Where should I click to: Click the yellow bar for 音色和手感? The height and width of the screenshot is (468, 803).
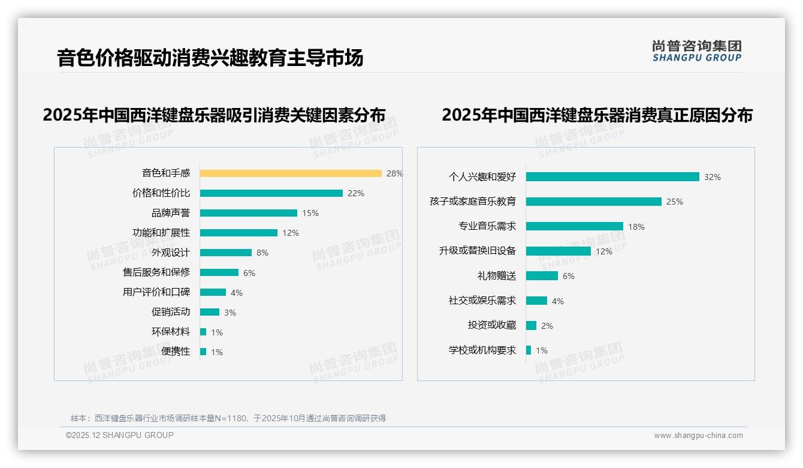291,173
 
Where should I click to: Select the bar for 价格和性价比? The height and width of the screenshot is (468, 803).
271,193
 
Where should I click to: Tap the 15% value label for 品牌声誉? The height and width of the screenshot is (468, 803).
310,213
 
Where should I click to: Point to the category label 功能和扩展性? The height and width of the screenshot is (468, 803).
161,233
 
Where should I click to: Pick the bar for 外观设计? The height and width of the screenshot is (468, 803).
226,253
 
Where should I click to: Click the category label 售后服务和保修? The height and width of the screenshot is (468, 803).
156,272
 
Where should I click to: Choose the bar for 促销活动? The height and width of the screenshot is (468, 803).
210,312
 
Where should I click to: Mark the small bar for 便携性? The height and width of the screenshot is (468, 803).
203,352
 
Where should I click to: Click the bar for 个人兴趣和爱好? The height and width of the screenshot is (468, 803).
612,177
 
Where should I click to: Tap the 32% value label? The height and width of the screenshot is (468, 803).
713,177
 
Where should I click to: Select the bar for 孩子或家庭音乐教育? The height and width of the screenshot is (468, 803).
594,202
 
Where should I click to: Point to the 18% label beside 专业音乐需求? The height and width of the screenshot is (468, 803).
636,227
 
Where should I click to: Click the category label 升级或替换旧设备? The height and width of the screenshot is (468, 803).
478,251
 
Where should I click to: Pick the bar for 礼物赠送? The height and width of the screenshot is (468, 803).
542,276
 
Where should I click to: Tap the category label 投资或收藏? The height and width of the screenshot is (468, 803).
492,325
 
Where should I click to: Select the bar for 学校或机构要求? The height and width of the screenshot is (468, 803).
529,350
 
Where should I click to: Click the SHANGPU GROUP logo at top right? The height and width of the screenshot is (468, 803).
696,51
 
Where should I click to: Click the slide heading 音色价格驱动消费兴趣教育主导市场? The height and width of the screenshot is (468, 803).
210,58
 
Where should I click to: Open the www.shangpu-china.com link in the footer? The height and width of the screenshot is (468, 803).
698,436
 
